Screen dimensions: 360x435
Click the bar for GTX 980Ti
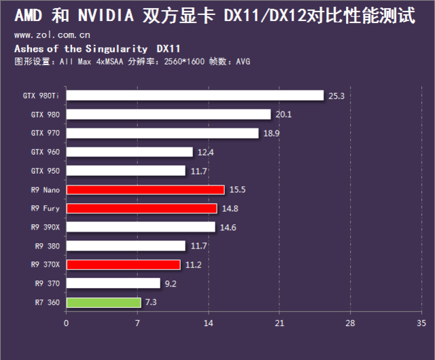click(194, 96)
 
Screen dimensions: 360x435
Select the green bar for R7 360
click(103, 302)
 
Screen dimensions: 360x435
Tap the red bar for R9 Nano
click(145, 190)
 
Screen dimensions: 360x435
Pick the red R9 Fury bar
click(141, 209)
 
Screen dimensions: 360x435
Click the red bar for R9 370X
click(123, 264)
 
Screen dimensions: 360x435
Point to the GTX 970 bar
click(162, 133)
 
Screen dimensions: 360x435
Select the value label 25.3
click(336, 96)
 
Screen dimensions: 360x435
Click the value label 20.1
click(283, 115)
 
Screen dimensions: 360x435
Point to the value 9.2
click(169, 284)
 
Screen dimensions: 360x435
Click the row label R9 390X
click(45, 227)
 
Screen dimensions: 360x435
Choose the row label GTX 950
click(46, 170)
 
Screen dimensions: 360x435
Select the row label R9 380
click(47, 246)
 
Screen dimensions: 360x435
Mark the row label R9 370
click(47, 283)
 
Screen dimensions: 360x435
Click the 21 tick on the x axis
click(279, 323)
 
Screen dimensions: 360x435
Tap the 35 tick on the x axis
click(421, 323)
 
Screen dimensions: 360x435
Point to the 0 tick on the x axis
click(66, 323)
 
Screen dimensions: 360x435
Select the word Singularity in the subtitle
click(116, 49)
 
